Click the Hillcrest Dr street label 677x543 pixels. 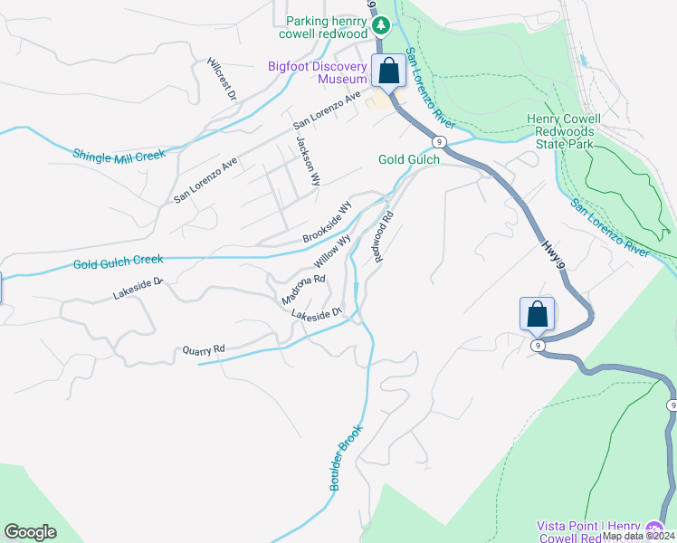coord(221,80)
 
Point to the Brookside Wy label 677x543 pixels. coord(327,222)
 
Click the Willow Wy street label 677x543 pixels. coord(332,253)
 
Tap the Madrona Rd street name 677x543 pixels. coord(302,290)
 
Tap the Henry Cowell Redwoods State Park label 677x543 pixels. coord(574,131)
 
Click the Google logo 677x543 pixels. coord(30,532)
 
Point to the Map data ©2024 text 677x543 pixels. coord(638,536)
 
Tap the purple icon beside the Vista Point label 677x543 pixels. coord(655,528)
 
